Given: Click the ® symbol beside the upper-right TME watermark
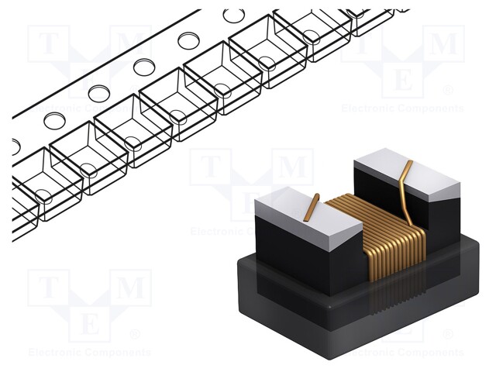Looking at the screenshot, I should click(x=447, y=90).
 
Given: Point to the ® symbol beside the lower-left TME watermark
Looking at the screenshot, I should click(x=134, y=335).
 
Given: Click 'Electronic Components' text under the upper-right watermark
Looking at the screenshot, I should click(x=403, y=108).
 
